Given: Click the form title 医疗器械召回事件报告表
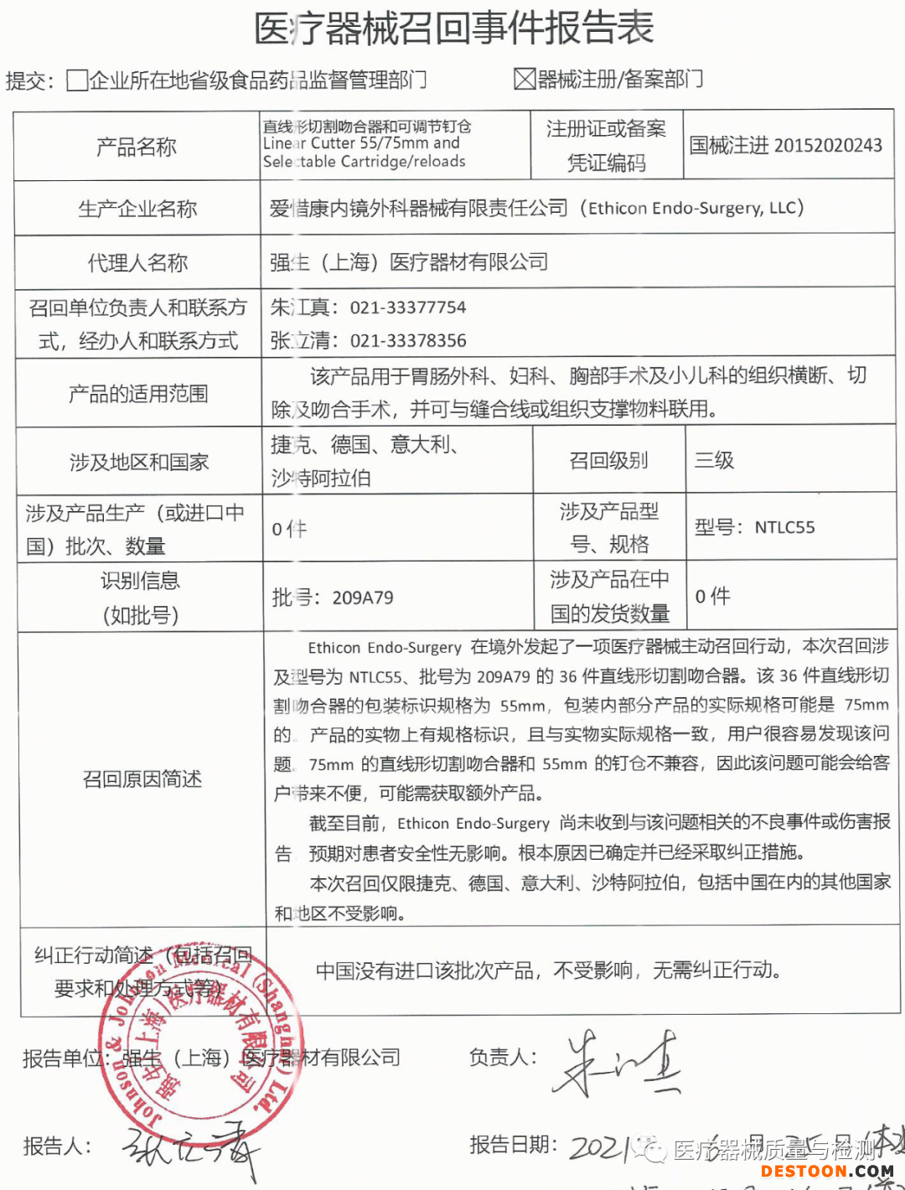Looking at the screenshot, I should [453, 29].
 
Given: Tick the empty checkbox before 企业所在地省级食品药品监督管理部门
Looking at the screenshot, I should [77, 80].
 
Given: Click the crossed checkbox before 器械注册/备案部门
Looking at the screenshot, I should [525, 80].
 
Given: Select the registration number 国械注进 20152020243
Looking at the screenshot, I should [785, 146].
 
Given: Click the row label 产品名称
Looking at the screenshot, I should [137, 147].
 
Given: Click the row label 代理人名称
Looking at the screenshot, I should [137, 263].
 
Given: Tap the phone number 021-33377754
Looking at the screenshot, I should [408, 308].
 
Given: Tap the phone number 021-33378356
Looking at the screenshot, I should [408, 341].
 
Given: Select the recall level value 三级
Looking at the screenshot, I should [714, 460].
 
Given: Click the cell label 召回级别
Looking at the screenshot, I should [608, 460].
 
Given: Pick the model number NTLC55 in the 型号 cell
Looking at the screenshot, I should [784, 527].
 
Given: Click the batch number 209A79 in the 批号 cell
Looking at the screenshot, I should [362, 598].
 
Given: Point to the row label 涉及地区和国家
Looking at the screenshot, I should [139, 462].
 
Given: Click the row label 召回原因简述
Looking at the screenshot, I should [142, 779].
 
